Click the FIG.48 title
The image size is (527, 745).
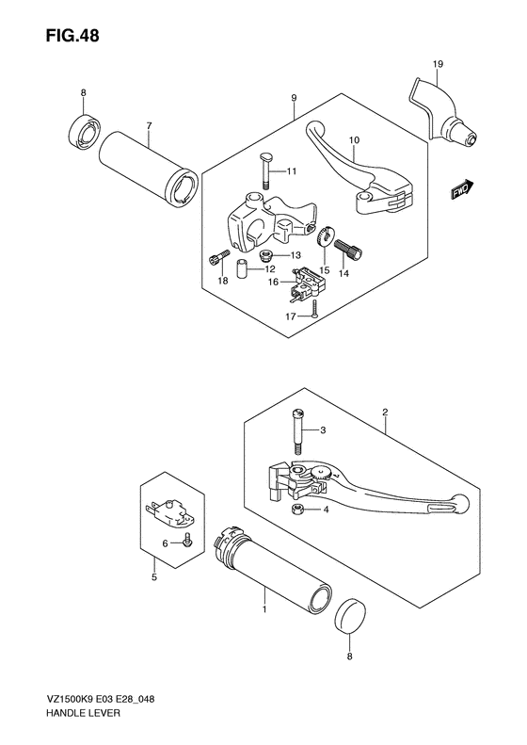pyautogui.click(x=72, y=36)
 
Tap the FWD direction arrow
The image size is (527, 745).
pyautogui.click(x=461, y=188)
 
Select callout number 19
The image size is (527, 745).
pyautogui.click(x=438, y=63)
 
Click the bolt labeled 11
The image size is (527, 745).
pyautogui.click(x=265, y=171)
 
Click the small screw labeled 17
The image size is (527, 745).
pyautogui.click(x=313, y=309)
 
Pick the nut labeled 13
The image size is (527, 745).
pyautogui.click(x=267, y=256)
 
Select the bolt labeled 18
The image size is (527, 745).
pyautogui.click(x=216, y=258)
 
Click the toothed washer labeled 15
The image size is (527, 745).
pyautogui.click(x=326, y=235)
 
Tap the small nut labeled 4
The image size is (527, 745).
pyautogui.click(x=297, y=510)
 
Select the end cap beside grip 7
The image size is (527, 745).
pyautogui.click(x=84, y=129)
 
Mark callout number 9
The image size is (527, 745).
pyautogui.click(x=294, y=98)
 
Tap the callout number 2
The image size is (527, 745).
pyautogui.click(x=385, y=412)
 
